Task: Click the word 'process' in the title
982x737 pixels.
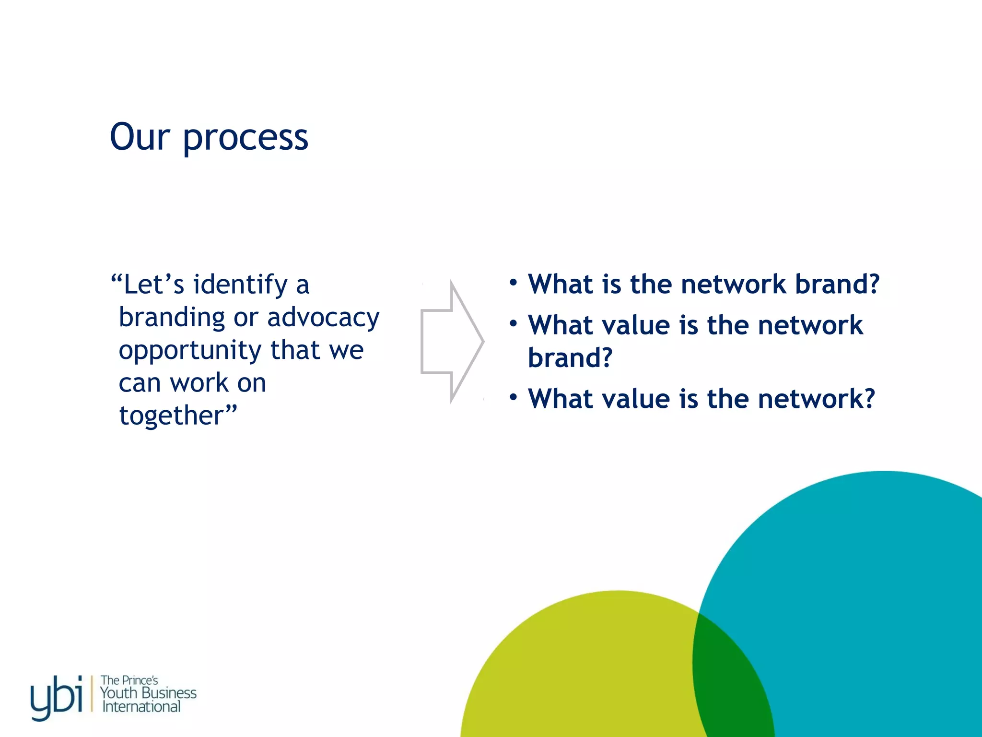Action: pos(245,138)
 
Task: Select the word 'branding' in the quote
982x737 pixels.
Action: pos(172,318)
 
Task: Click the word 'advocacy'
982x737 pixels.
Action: pos(323,318)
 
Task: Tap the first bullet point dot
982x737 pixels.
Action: pos(513,283)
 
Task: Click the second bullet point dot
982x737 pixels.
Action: pos(513,324)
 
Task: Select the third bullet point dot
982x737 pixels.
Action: pos(513,397)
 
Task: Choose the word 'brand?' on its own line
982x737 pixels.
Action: pos(570,357)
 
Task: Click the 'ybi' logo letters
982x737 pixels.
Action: pos(56,696)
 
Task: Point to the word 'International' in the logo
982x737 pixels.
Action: pos(141,707)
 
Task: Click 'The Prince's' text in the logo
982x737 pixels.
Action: pos(129,680)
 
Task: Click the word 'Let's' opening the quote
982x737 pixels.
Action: pos(153,285)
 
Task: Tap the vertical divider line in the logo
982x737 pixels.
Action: pos(92,694)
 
